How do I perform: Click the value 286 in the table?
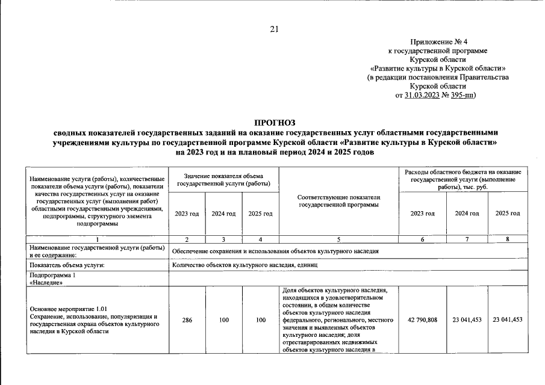187,320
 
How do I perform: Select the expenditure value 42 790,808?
422,320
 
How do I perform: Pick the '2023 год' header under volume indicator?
187,214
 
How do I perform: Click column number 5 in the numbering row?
339,239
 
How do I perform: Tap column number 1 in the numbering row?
96,239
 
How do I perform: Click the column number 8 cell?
508,239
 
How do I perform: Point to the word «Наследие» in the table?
44,282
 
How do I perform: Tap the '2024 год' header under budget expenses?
467,214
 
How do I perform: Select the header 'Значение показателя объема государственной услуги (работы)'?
224,179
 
